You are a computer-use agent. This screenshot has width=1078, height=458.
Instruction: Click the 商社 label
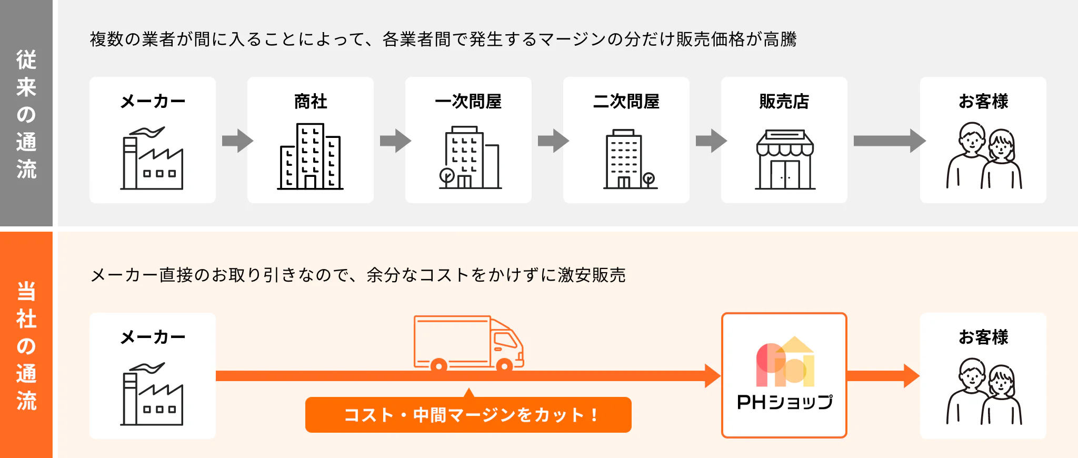pos(311,101)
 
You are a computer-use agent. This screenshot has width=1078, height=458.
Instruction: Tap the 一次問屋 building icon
pos(468,157)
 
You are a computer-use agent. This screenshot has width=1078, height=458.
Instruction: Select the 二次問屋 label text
pos(626,101)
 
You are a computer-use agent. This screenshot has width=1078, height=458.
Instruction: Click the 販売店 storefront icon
pos(784,159)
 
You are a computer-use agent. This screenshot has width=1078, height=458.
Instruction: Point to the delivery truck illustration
pos(468,343)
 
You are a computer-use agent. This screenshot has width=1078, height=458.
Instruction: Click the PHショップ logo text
pos(784,402)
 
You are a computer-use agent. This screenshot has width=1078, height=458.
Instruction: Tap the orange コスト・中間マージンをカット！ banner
pos(468,415)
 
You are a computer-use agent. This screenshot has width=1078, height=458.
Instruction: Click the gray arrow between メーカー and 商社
pos(237,141)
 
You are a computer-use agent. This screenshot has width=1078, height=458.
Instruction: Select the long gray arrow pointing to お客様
pos(889,141)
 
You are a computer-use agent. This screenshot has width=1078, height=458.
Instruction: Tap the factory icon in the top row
pos(152,158)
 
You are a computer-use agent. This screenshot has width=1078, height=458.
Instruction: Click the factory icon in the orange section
pos(152,394)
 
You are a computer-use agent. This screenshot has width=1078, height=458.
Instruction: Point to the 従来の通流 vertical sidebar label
pos(26,114)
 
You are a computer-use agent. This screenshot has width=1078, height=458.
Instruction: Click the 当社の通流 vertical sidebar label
pos(26,345)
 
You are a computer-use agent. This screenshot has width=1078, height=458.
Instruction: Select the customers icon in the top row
pos(983,156)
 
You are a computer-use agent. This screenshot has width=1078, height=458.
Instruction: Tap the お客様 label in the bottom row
pos(983,337)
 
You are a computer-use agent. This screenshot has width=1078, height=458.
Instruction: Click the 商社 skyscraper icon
pos(311,156)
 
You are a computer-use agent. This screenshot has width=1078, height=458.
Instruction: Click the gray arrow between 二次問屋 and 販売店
pos(711,141)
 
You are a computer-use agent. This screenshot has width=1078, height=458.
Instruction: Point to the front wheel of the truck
pos(504,365)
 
